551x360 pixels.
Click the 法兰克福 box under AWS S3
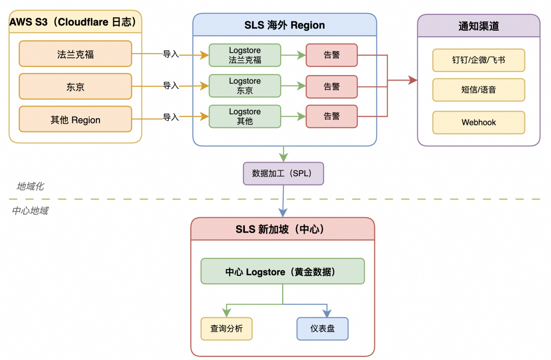point(76,54)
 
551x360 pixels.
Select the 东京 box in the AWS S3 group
point(76,87)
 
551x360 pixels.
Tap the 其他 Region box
point(76,120)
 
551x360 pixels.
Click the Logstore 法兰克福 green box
point(245,55)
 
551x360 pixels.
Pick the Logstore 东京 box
point(245,86)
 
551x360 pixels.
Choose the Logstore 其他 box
point(245,116)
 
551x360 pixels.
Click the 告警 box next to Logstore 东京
point(332,86)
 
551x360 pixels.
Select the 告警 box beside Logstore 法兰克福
point(332,55)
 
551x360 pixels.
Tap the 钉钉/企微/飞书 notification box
point(479,60)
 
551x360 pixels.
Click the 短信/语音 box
point(479,90)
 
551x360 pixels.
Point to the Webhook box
point(479,122)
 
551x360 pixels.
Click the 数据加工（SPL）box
point(283,173)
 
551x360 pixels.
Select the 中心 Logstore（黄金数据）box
point(283,271)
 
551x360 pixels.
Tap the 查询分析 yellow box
point(226,329)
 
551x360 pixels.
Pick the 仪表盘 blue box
point(322,329)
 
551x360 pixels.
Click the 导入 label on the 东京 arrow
point(171,86)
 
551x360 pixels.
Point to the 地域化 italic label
point(30,187)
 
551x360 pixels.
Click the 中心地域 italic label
point(30,211)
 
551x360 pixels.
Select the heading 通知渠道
point(479,26)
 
